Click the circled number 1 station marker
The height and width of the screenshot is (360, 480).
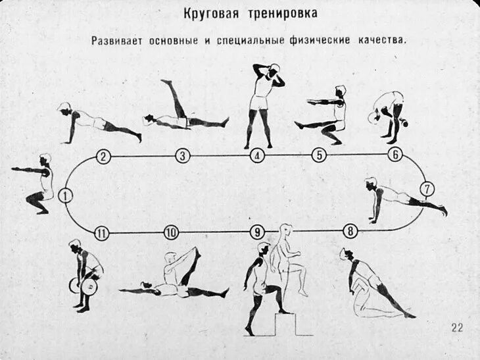pos(65,195)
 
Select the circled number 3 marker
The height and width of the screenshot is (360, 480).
pos(183,156)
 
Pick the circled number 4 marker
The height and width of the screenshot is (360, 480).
pos(258,156)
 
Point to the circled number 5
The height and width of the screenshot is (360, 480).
pos(319,156)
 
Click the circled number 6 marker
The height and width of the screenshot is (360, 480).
pos(395,155)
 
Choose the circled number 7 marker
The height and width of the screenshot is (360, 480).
pos(427,190)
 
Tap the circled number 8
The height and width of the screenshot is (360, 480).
pos(350,231)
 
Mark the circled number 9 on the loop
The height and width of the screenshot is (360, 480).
pos(257,232)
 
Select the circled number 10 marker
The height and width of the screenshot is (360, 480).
pos(171,232)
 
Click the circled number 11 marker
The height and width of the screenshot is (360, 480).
pos(101,232)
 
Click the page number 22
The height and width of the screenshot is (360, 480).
pos(456,328)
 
